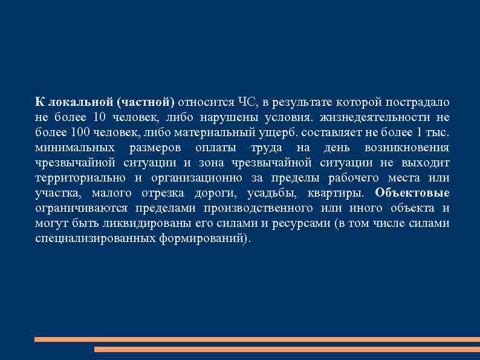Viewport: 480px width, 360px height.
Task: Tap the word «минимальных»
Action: coord(74,148)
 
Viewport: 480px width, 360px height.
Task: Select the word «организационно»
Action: coord(197,178)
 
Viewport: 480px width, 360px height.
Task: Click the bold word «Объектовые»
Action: coord(412,193)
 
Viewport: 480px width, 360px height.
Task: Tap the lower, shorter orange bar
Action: coord(287,350)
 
